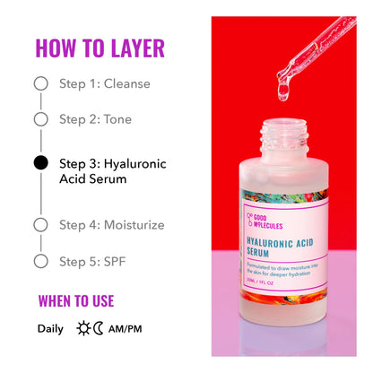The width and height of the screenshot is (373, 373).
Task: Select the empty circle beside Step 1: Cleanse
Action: (40, 83)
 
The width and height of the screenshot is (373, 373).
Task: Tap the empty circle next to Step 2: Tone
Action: (40, 118)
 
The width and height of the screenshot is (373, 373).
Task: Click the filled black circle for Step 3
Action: (40, 163)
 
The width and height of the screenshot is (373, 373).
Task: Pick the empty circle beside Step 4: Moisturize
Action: (40, 225)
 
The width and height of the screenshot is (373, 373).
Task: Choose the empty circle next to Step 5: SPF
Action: (40, 261)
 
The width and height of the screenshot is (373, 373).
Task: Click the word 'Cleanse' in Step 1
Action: (127, 83)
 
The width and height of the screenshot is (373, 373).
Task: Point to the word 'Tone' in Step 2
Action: (117, 118)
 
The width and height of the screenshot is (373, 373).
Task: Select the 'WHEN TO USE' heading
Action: (76, 300)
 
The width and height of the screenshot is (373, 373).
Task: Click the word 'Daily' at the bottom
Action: (50, 328)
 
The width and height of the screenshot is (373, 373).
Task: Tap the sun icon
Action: (84, 328)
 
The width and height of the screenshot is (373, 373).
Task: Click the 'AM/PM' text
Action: (126, 328)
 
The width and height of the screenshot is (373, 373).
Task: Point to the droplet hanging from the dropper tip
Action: (282, 89)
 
